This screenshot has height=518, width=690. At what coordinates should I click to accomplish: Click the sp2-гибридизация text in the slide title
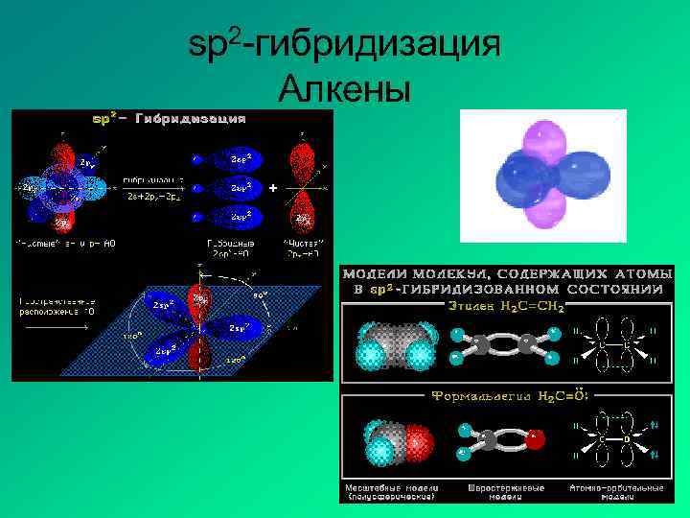tap(344, 46)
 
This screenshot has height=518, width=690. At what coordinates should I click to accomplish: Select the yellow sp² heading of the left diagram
tap(104, 119)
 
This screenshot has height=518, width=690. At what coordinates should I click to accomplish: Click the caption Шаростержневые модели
tap(506, 491)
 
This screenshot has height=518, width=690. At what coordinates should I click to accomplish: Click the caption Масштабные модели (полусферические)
tap(391, 491)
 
